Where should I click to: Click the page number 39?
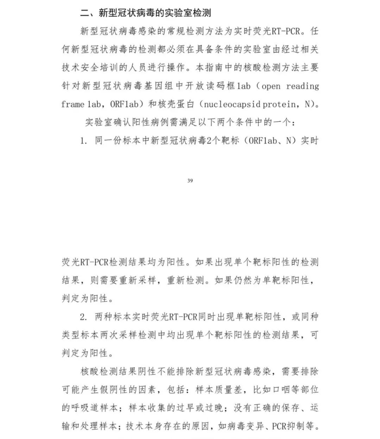point(190,181)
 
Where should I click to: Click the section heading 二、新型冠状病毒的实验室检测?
point(145,13)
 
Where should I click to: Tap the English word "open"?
point(271,86)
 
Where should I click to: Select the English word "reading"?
point(303,86)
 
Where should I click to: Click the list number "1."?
point(83,141)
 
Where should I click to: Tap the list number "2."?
point(83,317)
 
